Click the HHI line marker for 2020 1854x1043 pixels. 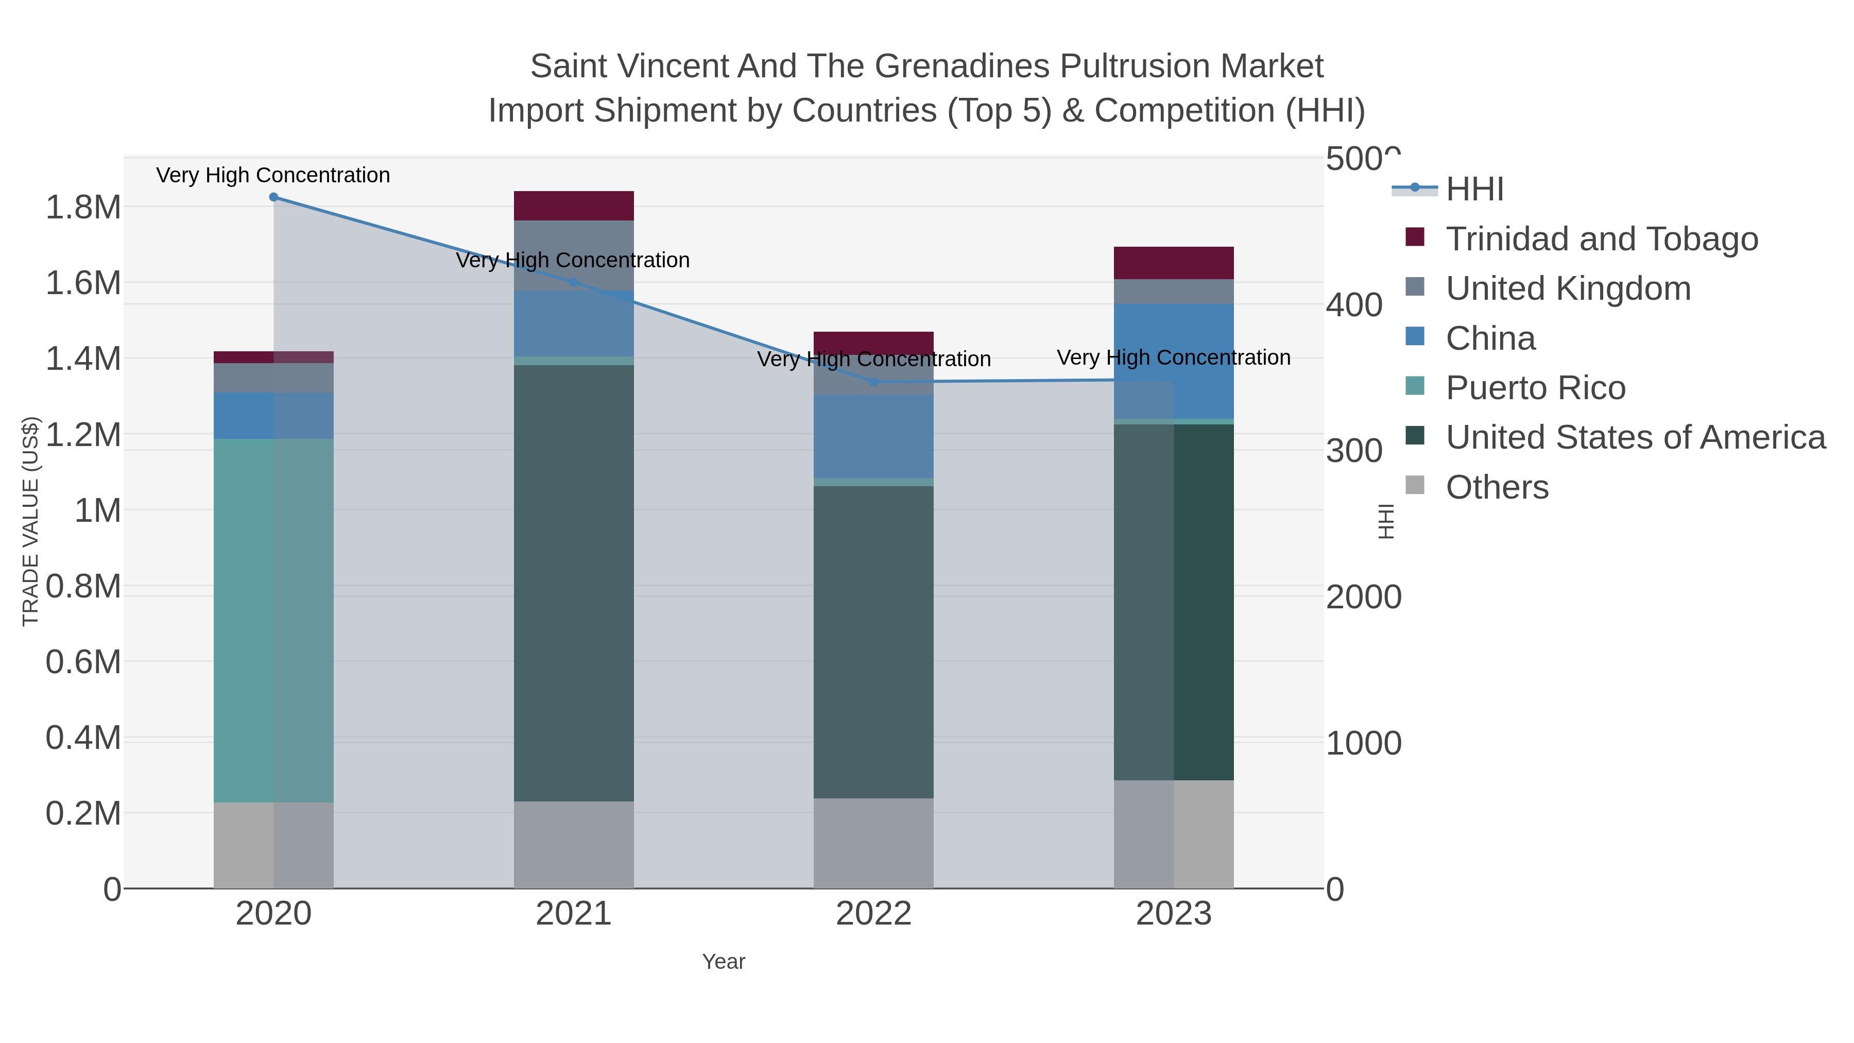tap(273, 197)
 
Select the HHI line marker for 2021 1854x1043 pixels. tap(574, 282)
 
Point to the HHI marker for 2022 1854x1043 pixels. tap(874, 382)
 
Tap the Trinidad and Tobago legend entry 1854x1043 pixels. tap(1601, 239)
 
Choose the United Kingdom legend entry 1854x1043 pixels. tap(1568, 288)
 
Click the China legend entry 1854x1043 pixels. tap(1490, 338)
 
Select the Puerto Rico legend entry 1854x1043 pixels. tap(1535, 388)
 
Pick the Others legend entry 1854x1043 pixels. tap(1497, 487)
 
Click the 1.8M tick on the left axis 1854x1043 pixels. tap(83, 207)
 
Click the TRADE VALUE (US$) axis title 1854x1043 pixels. tap(30, 521)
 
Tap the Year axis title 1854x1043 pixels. tap(724, 962)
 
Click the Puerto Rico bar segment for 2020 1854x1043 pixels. tap(273, 619)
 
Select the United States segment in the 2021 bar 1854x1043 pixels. tap(574, 583)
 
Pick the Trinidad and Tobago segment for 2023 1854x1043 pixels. tap(1174, 263)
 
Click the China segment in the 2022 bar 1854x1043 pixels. tap(874, 436)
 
